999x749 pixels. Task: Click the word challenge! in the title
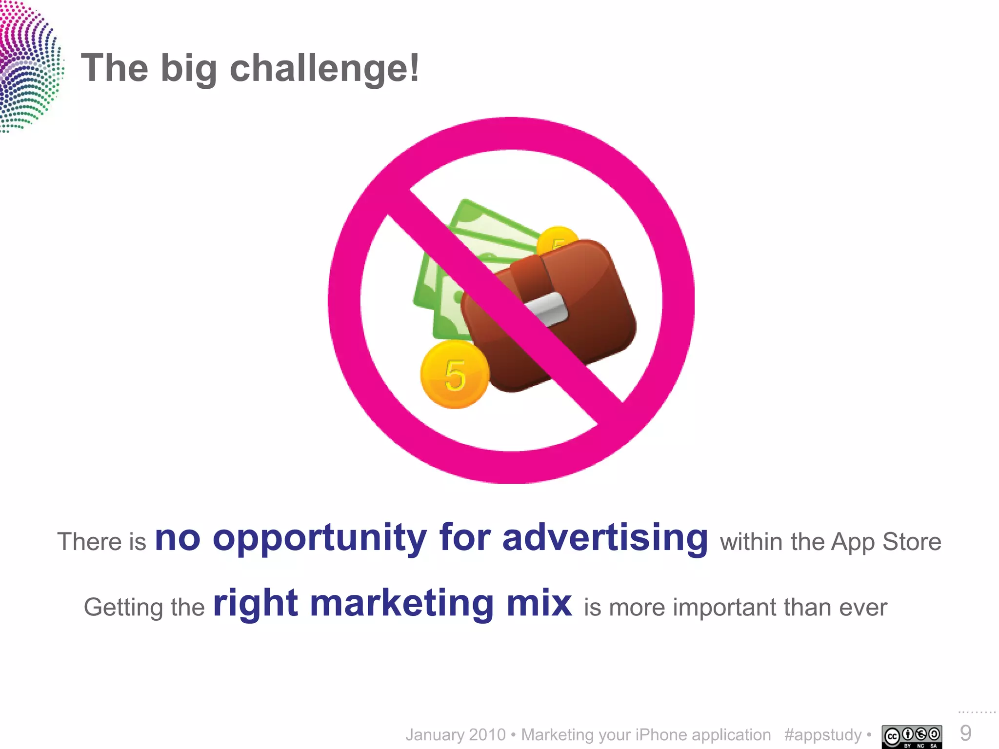click(x=324, y=69)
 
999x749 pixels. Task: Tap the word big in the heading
click(x=188, y=69)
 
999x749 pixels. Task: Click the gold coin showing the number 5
click(x=455, y=374)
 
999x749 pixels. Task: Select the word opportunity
click(x=320, y=539)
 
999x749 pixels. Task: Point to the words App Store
click(x=886, y=542)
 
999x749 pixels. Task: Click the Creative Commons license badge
click(x=911, y=736)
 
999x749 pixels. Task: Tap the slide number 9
click(x=965, y=733)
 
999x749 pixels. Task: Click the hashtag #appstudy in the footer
click(x=822, y=735)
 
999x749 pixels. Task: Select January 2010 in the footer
click(x=456, y=735)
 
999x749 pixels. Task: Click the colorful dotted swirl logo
click(x=29, y=66)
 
